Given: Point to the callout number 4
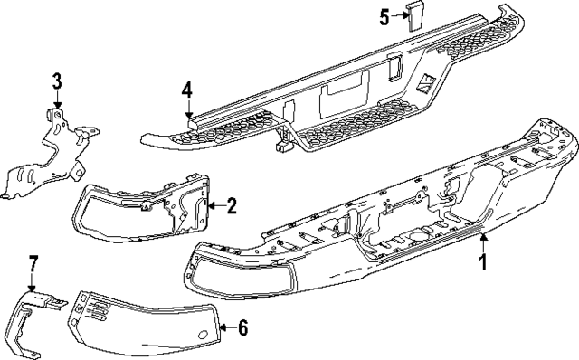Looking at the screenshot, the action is pyautogui.click(x=185, y=90).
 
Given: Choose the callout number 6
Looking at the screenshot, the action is pyautogui.click(x=242, y=327).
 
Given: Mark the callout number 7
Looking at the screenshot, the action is pyautogui.click(x=33, y=264).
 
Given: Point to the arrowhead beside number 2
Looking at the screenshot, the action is pyautogui.click(x=214, y=207).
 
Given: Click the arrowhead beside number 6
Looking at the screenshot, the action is pyautogui.click(x=224, y=327).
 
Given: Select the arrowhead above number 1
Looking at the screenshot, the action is pyautogui.click(x=482, y=237).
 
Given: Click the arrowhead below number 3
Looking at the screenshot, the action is pyautogui.click(x=56, y=107).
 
